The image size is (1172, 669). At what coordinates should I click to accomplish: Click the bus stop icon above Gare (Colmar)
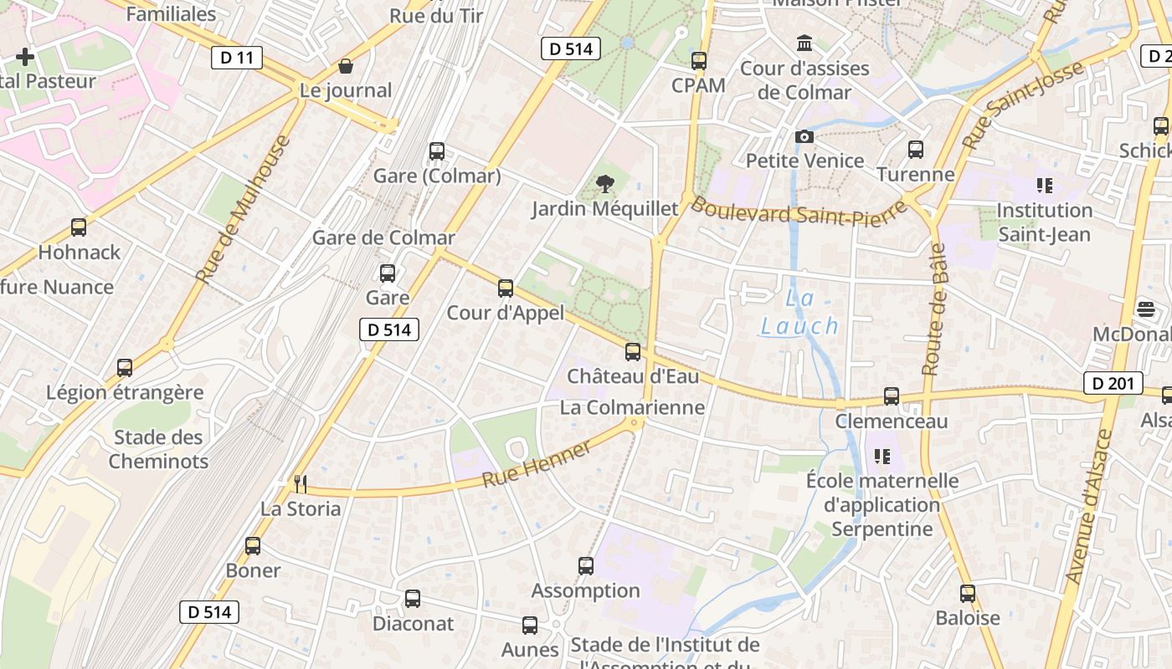437,151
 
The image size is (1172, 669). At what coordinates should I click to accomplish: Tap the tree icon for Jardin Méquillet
604,184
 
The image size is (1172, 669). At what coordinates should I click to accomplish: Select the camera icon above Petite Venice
804,136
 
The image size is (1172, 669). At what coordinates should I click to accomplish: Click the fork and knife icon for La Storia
301,483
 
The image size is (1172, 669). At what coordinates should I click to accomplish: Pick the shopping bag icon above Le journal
346,66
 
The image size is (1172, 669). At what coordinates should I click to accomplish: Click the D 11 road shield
237,58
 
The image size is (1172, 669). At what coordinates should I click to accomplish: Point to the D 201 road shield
1113,384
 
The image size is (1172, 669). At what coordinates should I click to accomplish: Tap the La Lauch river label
799,313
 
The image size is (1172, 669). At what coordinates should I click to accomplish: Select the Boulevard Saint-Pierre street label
799,212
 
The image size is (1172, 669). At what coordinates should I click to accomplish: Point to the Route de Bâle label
933,309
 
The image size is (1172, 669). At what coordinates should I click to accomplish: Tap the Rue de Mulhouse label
243,209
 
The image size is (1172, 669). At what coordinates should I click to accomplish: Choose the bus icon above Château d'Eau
633,352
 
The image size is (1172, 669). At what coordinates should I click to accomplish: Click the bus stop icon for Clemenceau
892,396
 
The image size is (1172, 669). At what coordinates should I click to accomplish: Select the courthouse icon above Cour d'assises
804,43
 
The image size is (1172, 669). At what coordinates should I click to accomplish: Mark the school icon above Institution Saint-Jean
1044,185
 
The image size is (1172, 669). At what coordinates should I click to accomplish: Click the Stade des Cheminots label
158,449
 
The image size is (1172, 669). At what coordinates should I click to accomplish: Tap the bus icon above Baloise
968,594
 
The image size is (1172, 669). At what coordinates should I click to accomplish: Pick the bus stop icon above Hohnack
79,227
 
